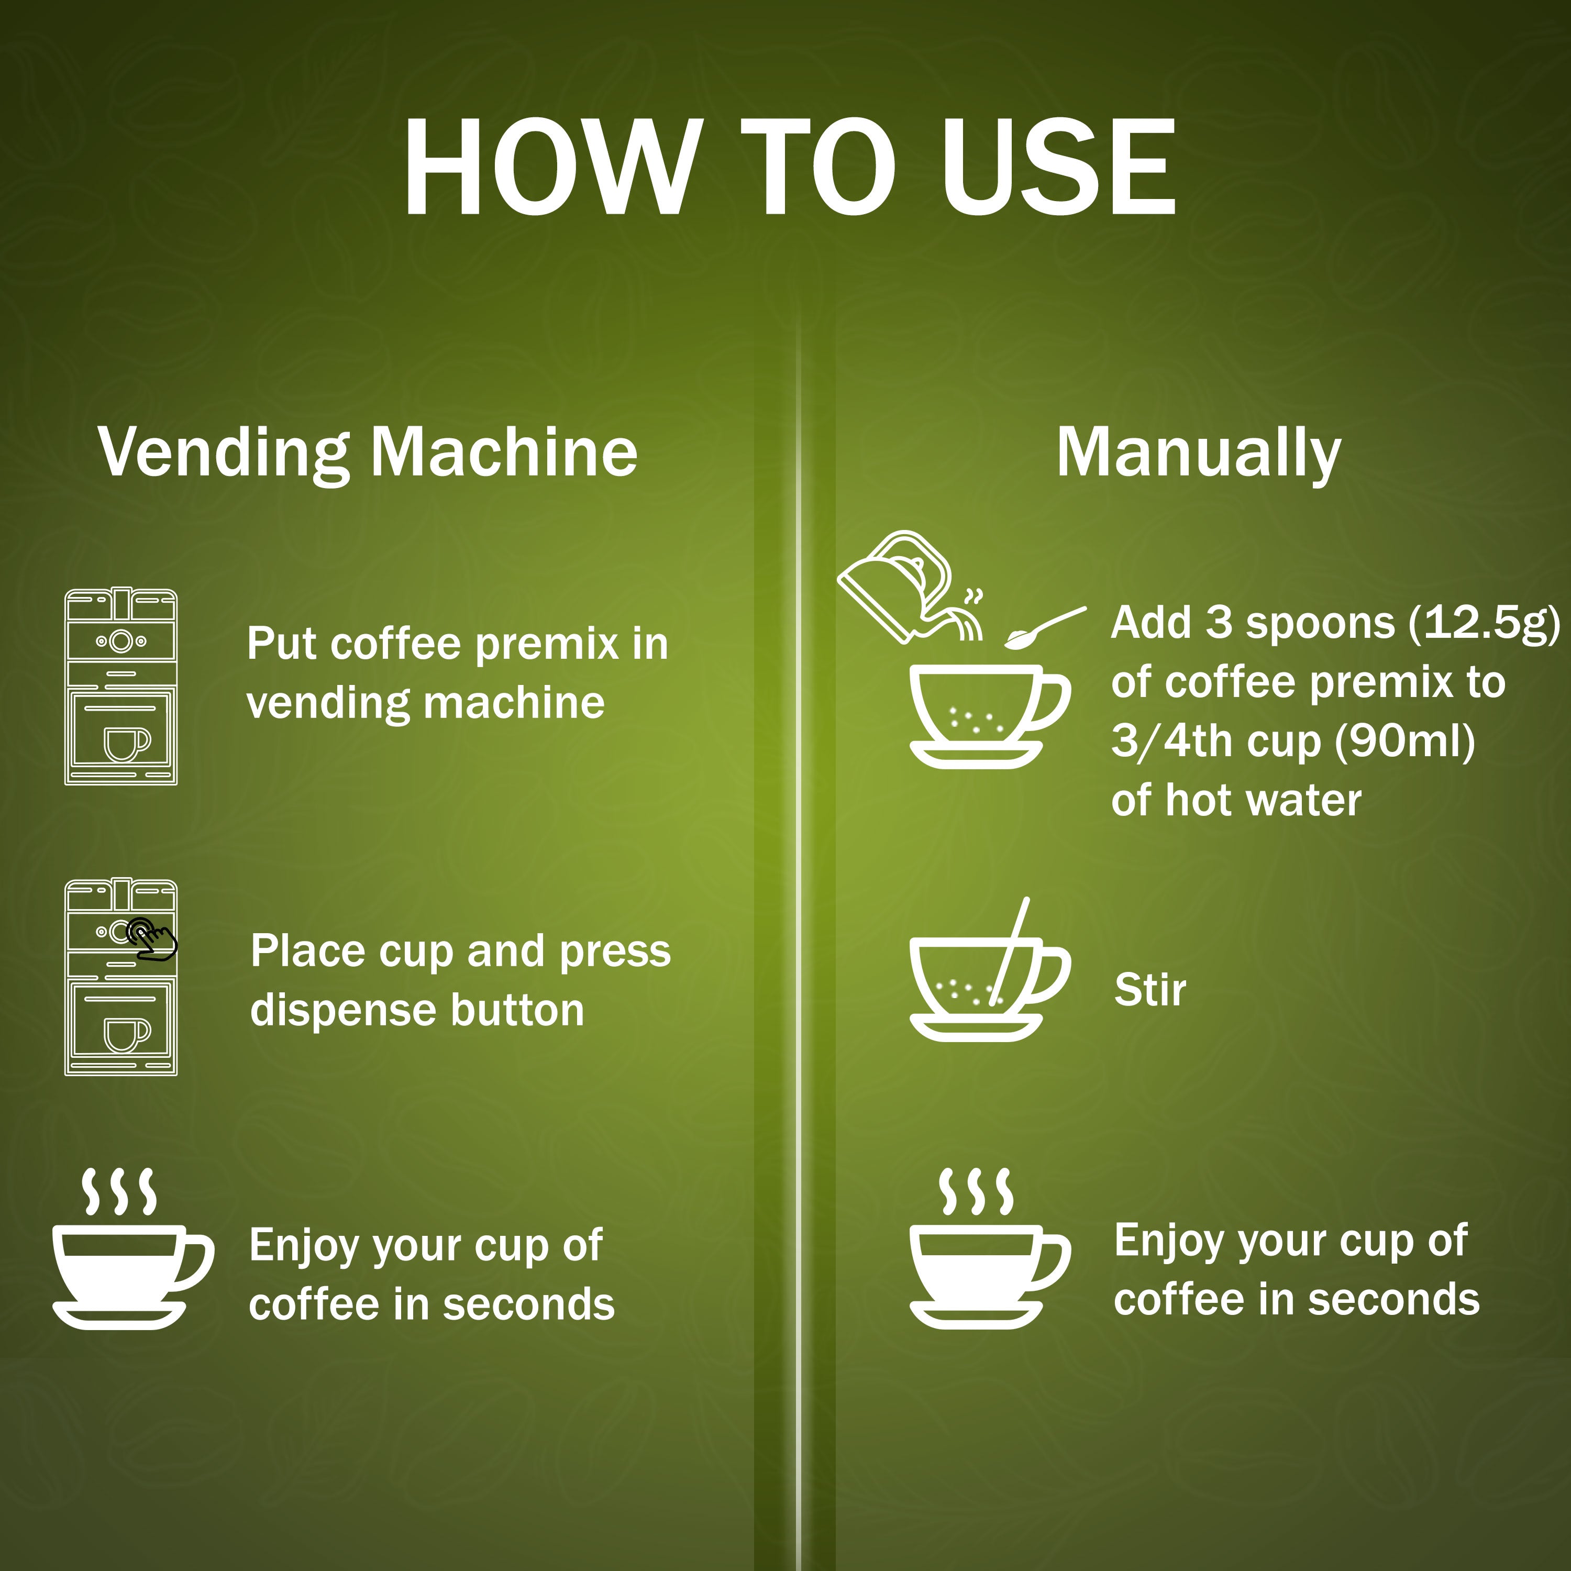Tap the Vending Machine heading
pyautogui.click(x=368, y=453)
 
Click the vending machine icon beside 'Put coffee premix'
pyautogui.click(x=121, y=687)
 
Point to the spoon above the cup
pyautogui.click(x=1045, y=628)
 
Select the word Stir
pyautogui.click(x=1150, y=990)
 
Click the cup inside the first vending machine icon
pyautogui.click(x=127, y=743)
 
